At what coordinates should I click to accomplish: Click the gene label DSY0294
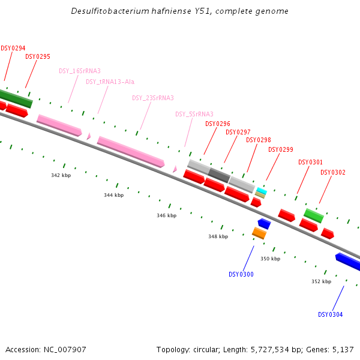click(x=13, y=48)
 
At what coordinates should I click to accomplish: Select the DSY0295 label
click(x=38, y=56)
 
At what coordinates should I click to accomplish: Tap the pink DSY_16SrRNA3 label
click(x=80, y=71)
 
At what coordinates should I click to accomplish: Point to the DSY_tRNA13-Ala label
click(x=110, y=82)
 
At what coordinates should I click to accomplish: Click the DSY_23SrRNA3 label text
click(x=153, y=98)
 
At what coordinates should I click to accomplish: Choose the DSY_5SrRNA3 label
click(x=194, y=114)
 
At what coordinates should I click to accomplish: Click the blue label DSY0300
click(x=241, y=274)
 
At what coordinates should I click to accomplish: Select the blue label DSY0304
click(x=331, y=314)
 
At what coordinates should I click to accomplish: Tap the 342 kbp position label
click(x=61, y=175)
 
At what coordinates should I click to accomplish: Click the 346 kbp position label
click(x=167, y=215)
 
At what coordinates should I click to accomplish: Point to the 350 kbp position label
click(x=270, y=259)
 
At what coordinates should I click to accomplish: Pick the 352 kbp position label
click(x=321, y=281)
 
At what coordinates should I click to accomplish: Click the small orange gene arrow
click(x=259, y=233)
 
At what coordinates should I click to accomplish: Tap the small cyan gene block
click(x=262, y=190)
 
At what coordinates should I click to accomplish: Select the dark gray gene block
click(x=219, y=175)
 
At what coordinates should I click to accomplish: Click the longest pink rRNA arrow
click(x=131, y=152)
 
